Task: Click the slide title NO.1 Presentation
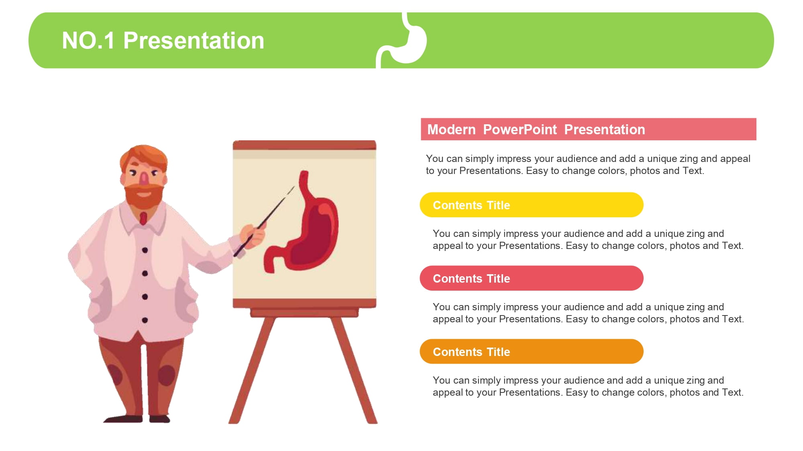point(163,40)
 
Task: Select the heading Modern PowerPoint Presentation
point(536,129)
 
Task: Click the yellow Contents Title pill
point(532,205)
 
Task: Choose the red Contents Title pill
point(532,278)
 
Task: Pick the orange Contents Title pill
point(532,352)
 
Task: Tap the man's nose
point(144,177)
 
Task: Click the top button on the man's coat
point(145,250)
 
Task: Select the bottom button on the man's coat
point(145,320)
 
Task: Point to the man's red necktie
point(143,218)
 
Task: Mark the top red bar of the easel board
point(304,145)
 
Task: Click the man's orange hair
point(143,157)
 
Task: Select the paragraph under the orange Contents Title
point(588,386)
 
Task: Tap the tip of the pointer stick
point(294,186)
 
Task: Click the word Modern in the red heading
point(451,129)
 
